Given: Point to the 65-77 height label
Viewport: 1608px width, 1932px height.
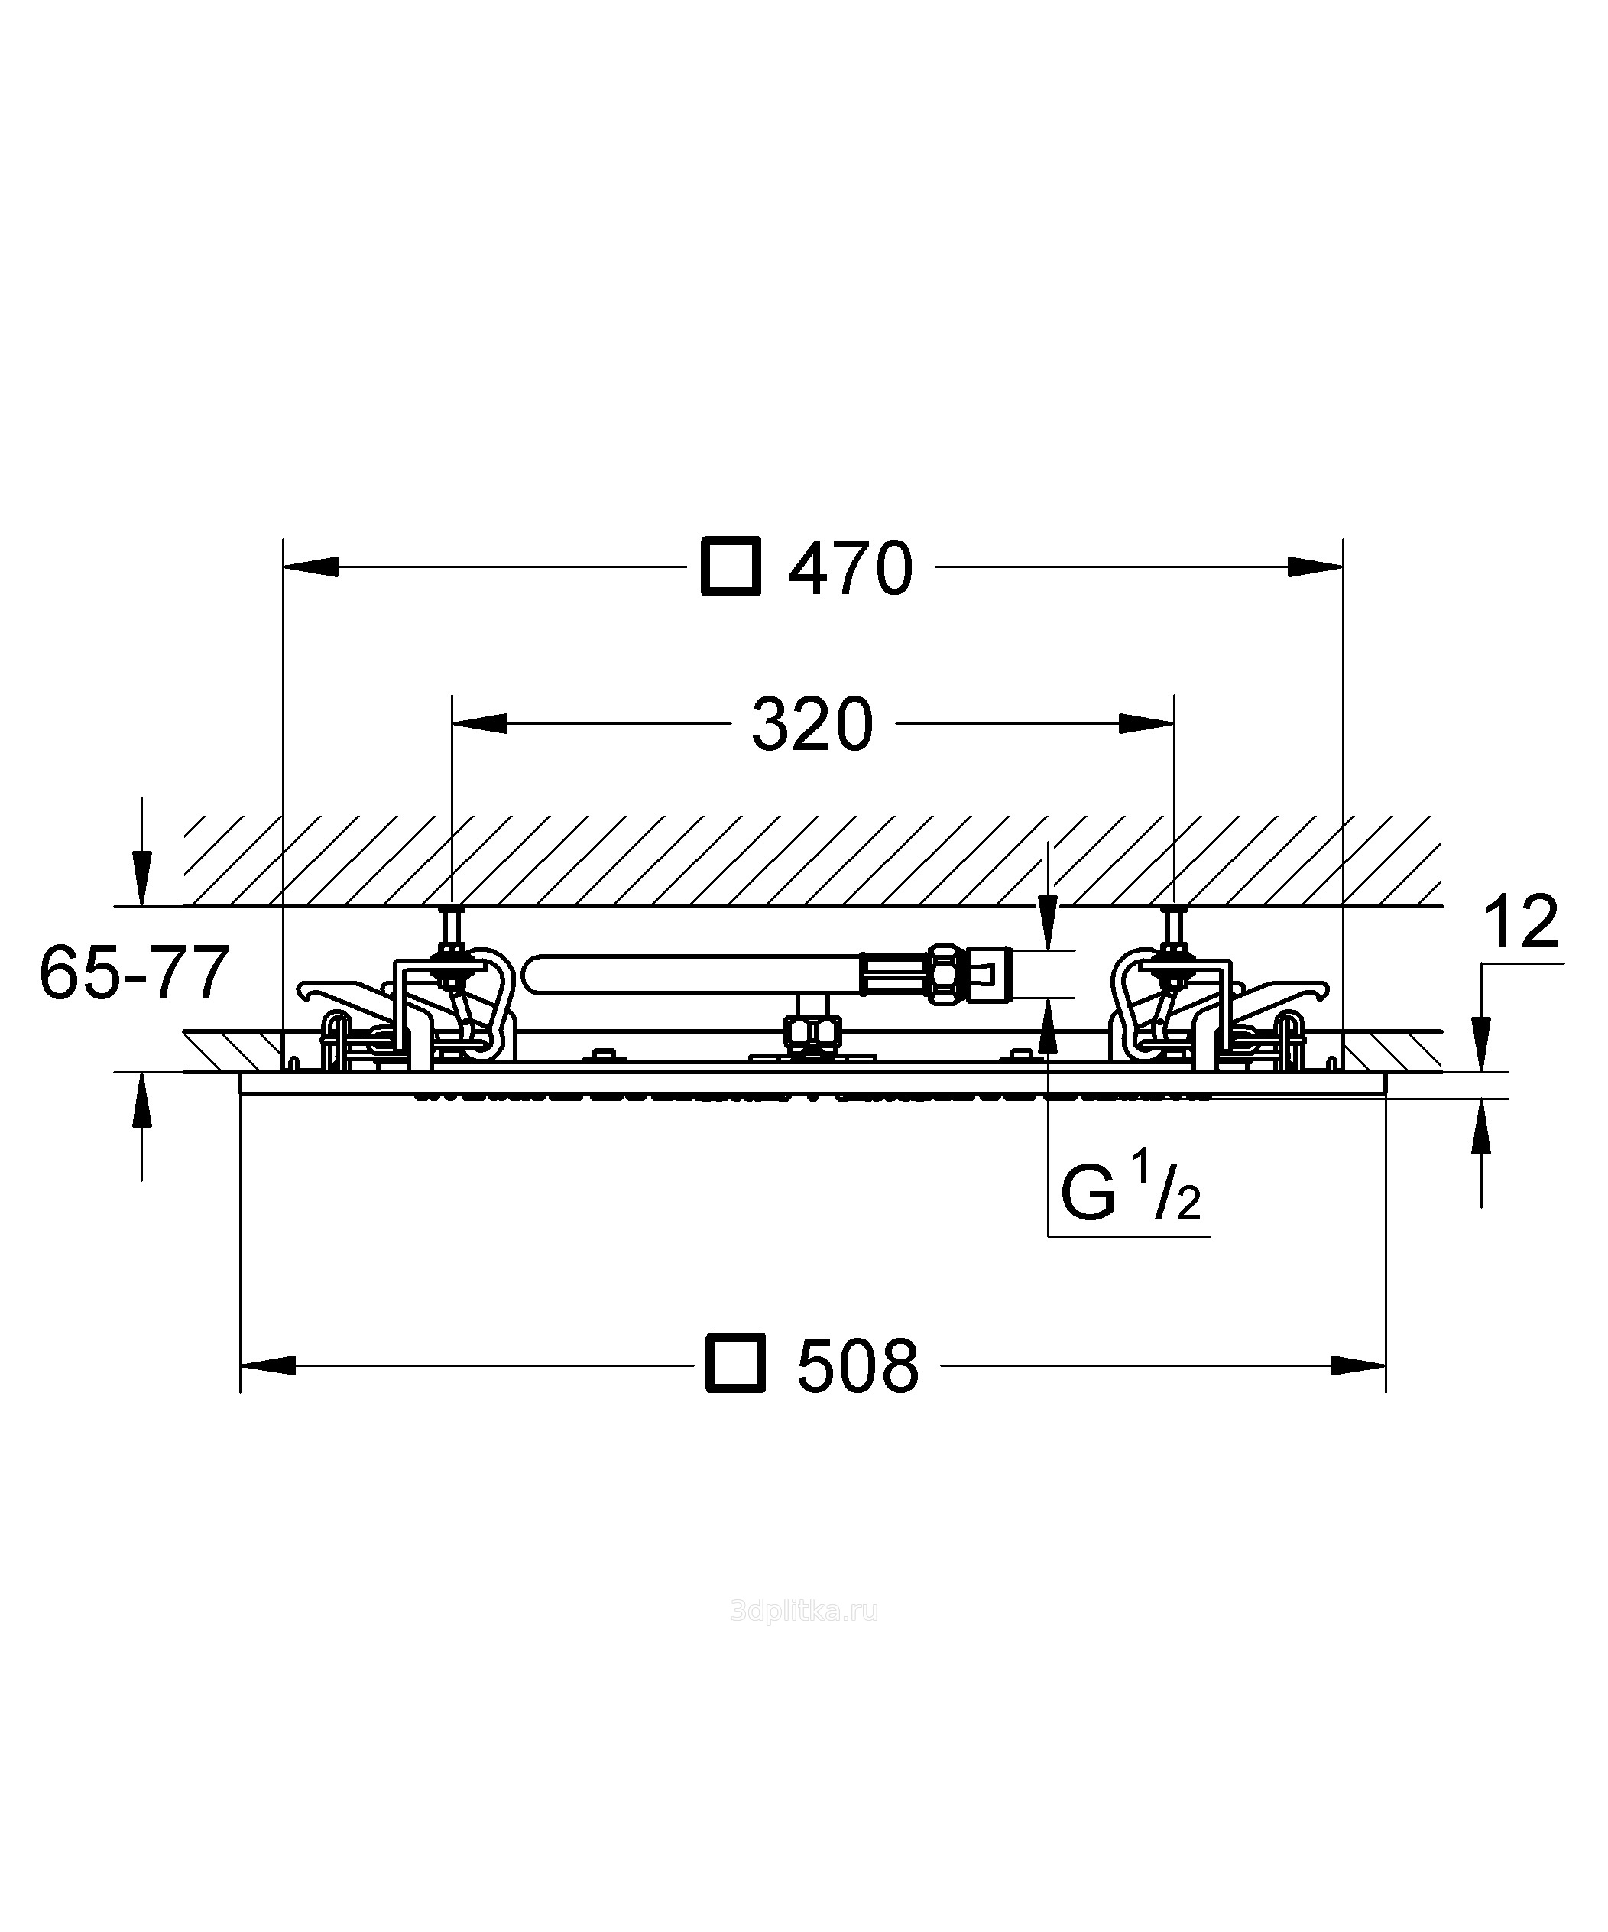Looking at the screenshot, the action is click(x=135, y=973).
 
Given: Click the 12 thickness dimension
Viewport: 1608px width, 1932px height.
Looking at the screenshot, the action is click(x=1522, y=921).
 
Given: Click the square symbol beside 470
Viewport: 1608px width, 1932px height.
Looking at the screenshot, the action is click(x=731, y=567).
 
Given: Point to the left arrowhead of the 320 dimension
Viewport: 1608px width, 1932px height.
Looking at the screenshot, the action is click(x=480, y=724).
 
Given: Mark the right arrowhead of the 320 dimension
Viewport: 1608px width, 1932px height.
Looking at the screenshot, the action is click(x=1146, y=724).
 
